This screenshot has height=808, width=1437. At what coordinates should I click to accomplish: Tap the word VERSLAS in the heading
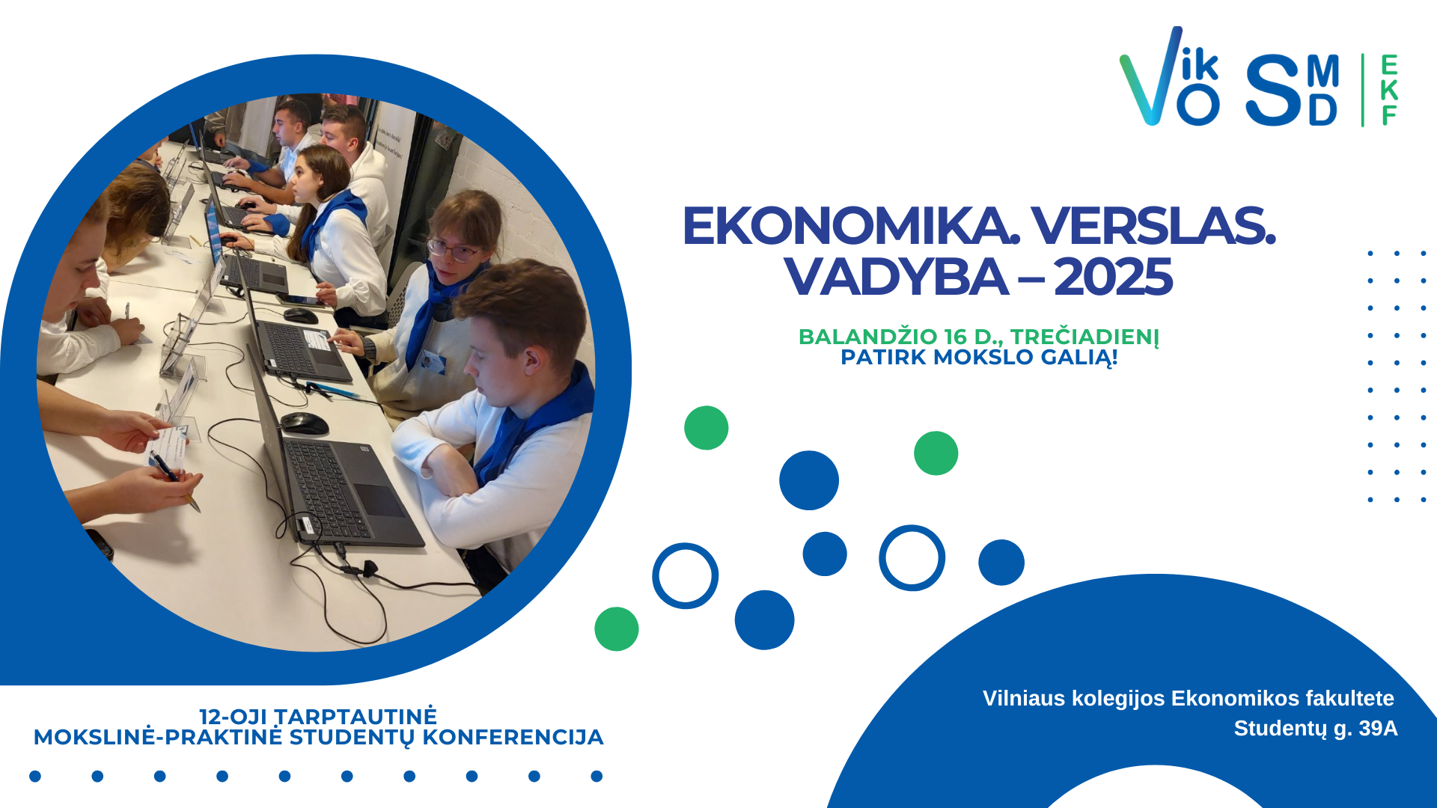1153,226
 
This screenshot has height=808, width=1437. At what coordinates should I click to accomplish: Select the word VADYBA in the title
896,277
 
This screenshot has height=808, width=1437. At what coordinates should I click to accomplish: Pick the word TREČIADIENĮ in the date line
1084,337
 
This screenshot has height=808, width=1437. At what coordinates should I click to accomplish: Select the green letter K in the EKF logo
1389,90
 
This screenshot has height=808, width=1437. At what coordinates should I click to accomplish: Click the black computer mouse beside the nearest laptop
304,423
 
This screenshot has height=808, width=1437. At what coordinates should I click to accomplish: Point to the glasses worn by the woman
454,250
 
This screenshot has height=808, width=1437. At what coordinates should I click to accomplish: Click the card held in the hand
168,447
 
